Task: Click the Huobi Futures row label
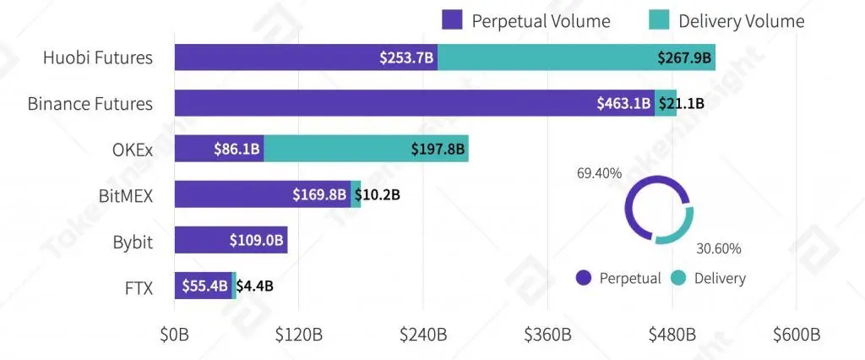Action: (99, 58)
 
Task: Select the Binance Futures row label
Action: (90, 104)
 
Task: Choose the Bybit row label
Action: (133, 242)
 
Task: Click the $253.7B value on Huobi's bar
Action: (407, 58)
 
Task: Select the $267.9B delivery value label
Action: (685, 58)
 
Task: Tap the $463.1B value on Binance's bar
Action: (623, 104)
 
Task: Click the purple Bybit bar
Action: (231, 241)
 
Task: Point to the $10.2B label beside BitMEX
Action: (377, 195)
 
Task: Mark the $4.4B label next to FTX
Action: (254, 286)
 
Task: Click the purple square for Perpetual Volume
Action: (452, 21)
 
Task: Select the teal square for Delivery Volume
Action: (660, 21)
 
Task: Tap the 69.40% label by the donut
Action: (599, 173)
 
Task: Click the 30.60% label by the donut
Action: (719, 248)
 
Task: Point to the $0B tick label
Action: (175, 334)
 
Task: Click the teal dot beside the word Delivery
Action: (678, 277)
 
